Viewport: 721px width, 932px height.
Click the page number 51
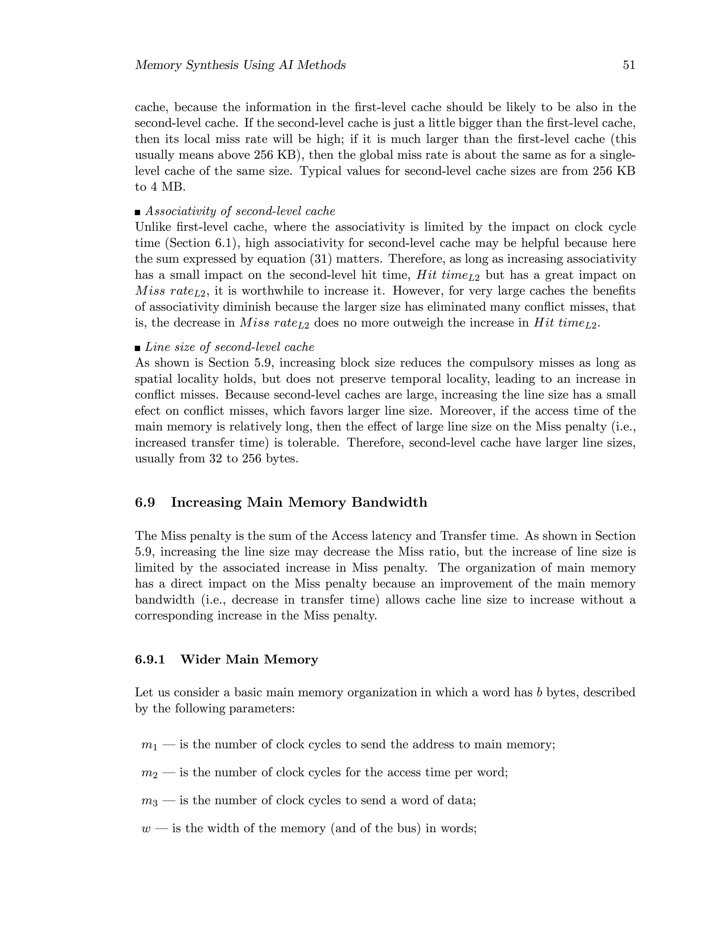coord(629,65)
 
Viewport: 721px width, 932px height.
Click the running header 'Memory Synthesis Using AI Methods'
coord(240,65)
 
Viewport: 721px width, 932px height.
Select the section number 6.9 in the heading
coord(145,502)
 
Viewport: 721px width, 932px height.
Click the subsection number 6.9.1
coord(150,659)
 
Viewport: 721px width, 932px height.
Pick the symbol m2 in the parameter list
coord(149,773)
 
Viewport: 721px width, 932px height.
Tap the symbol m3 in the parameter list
coord(149,801)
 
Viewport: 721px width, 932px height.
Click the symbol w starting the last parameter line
coord(146,829)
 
